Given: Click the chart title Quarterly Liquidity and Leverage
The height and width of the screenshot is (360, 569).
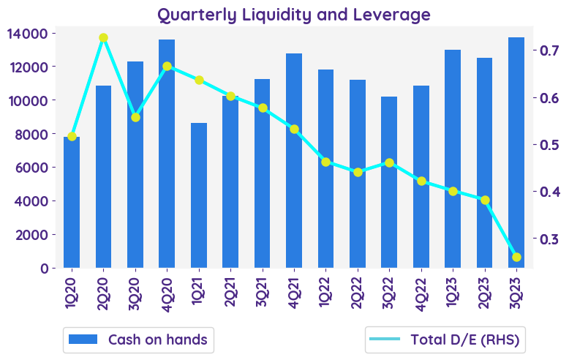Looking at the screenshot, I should point(294,14).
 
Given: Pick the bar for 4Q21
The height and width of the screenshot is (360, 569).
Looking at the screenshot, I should point(294,161).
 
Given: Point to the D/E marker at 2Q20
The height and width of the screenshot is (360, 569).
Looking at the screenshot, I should point(103,38).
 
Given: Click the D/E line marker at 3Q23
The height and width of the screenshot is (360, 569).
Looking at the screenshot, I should point(517,257).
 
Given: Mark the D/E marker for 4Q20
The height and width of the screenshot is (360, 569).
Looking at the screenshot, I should point(167,67).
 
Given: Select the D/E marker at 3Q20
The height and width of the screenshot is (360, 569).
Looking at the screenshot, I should point(135,117).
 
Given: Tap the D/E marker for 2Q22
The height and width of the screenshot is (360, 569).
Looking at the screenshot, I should point(358,172).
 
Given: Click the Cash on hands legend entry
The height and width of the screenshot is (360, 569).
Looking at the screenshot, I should point(138,340).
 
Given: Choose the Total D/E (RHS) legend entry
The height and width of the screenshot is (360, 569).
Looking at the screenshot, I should point(446,340).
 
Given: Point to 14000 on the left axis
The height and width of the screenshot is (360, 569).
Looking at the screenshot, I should point(29,34).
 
